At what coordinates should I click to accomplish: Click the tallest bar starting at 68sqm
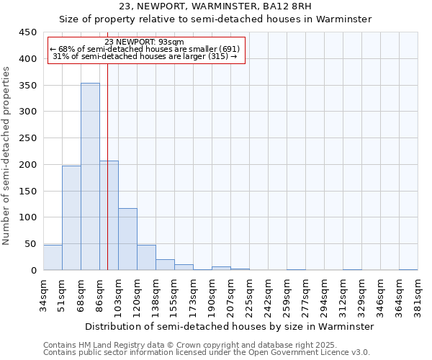pyautogui.click(x=90, y=176)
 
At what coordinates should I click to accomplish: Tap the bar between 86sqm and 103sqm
pyautogui.click(x=109, y=215)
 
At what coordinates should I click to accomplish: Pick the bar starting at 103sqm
pyautogui.click(x=127, y=239)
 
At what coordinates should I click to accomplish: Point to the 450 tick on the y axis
pyautogui.click(x=27, y=32)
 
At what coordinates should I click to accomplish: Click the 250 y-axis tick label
pyautogui.click(x=27, y=138)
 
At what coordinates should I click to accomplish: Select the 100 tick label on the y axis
pyautogui.click(x=27, y=217)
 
